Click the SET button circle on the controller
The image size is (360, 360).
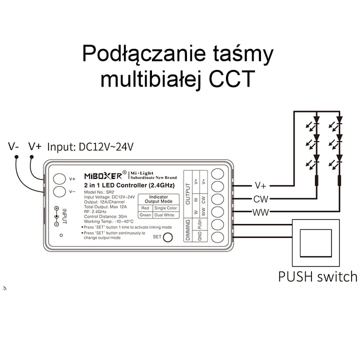point(168,237)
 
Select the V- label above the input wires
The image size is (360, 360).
point(14,146)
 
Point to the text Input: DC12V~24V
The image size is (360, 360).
point(90,147)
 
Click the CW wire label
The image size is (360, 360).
point(260,198)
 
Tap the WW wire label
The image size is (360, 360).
point(260,212)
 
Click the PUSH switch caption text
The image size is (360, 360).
point(317,276)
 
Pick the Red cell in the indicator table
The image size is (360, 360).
point(145,207)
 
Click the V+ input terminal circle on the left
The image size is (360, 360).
point(59,178)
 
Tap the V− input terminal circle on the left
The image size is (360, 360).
point(59,191)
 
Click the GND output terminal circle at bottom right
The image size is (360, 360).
point(217,237)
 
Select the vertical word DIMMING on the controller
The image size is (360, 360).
point(188,229)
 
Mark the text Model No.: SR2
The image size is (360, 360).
point(100,192)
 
